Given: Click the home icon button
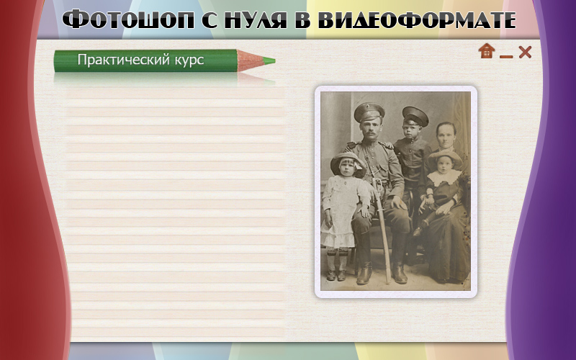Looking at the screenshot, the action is tap(487, 50).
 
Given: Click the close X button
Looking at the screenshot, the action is tap(525, 52).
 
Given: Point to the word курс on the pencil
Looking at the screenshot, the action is tap(189, 60).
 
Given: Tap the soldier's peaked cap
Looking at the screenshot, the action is tap(369, 112).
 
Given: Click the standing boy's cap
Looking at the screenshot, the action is tap(415, 116).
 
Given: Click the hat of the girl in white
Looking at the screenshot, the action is tap(348, 163).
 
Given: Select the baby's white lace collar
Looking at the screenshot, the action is tap(444, 177).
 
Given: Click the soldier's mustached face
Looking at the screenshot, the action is tap(369, 130).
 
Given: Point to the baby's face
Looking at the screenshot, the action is tap(444, 164).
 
